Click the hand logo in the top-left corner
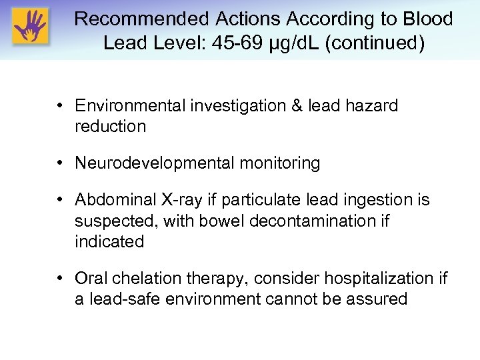click(29, 26)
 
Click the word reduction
click(110, 127)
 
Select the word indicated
click(109, 241)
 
